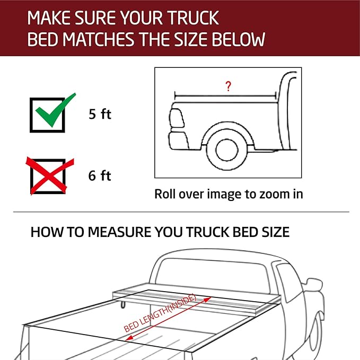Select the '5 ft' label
[100, 114]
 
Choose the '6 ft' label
[100, 176]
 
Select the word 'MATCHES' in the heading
[98, 40]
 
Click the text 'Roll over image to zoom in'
[229, 194]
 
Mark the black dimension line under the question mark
[225, 95]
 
